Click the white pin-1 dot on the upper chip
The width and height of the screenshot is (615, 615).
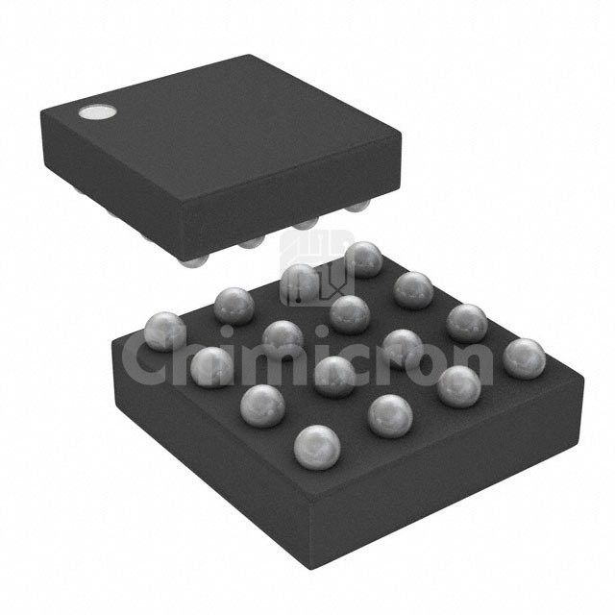pos(97,112)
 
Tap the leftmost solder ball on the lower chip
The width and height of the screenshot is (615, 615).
pos(165,332)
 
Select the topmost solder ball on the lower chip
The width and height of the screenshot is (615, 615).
pos(364,259)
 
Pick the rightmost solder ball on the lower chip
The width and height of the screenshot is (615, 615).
pos(524,358)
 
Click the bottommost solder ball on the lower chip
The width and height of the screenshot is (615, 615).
pos(317,447)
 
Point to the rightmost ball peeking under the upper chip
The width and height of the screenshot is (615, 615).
pos(357,206)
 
